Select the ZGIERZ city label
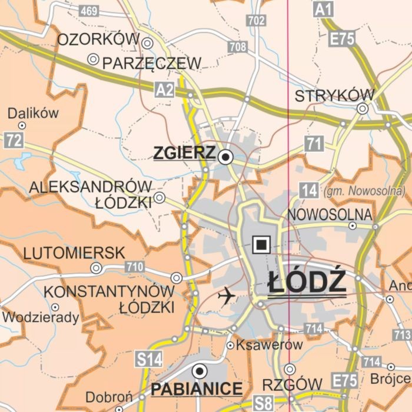click(184, 153)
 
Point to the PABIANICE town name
click(197, 388)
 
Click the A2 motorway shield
click(165, 89)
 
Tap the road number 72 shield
click(14, 140)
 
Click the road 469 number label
click(88, 11)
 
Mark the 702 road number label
click(257, 21)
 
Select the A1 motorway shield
click(323, 9)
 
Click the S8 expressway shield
click(264, 404)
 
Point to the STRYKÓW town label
click(334, 96)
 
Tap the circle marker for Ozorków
click(147, 42)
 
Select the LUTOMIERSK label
click(74, 254)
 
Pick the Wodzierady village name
click(41, 318)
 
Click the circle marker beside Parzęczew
click(92, 59)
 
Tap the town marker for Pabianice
click(200, 371)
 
